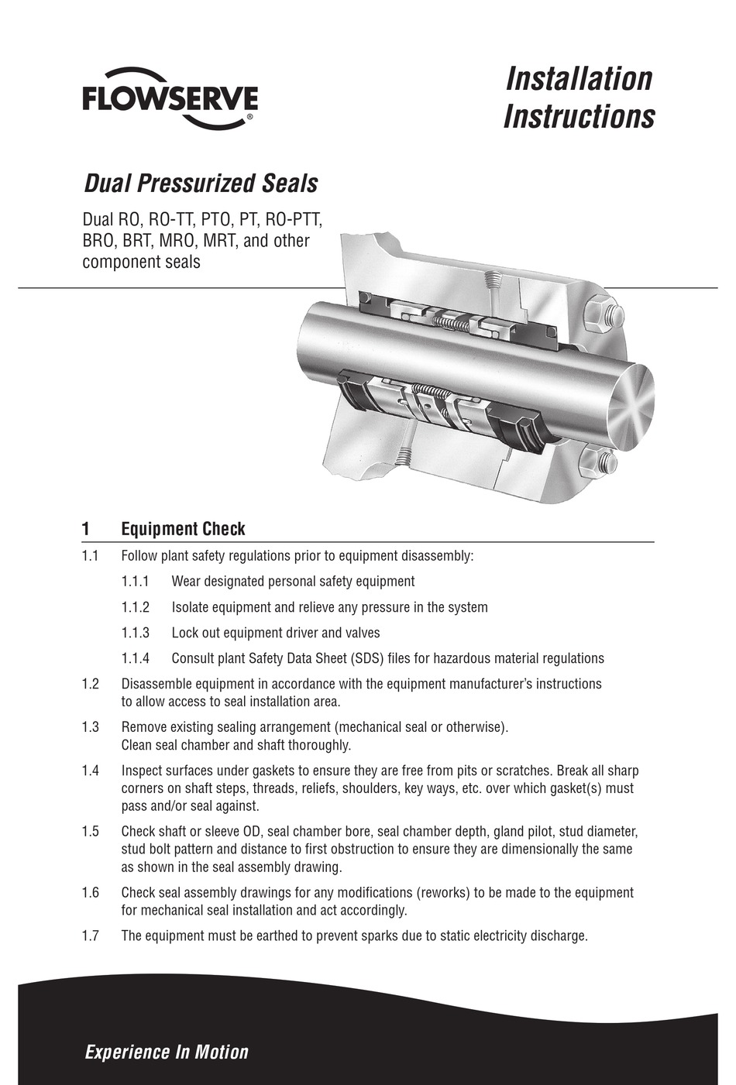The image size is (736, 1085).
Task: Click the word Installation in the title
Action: click(579, 78)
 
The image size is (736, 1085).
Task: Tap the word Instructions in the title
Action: click(579, 117)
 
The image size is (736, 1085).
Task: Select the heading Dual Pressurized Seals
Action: click(200, 184)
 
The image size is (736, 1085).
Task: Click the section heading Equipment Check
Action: click(183, 529)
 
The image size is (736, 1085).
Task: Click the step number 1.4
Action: click(90, 771)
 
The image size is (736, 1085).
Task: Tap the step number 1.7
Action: click(90, 936)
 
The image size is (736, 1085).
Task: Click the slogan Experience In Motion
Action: click(167, 1052)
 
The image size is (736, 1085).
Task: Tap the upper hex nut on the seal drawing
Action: click(601, 315)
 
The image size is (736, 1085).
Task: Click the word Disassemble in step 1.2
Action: click(157, 684)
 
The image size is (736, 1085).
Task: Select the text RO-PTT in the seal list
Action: click(295, 220)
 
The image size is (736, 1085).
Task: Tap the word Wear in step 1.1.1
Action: click(186, 581)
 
